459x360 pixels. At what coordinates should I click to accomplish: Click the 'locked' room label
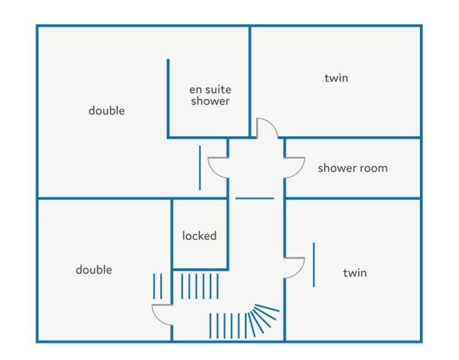[199, 236]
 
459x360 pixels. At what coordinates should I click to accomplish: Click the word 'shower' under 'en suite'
[210, 101]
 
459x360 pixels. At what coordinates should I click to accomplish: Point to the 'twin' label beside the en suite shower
[336, 78]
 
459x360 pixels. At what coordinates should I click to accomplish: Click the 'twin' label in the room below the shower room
[355, 273]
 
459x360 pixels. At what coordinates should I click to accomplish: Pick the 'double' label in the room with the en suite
[107, 111]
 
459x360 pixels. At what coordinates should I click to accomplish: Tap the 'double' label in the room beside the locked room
[94, 269]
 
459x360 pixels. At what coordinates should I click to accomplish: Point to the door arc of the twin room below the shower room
[299, 272]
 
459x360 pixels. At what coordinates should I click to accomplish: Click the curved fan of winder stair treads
[263, 319]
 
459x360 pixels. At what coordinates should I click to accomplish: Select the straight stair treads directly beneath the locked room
[200, 286]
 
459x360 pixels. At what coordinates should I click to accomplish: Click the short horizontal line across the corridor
[255, 198]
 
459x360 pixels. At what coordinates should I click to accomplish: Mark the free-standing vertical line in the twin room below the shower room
[314, 265]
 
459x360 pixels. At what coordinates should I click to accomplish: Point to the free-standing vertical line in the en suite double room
[200, 168]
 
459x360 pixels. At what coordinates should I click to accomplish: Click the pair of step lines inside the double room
[157, 286]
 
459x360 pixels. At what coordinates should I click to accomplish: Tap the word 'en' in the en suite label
[195, 90]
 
